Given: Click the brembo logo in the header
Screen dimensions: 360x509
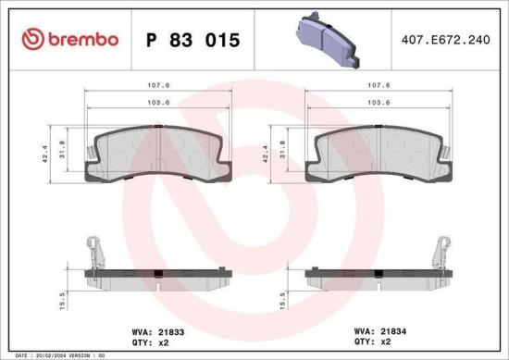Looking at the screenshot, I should [70, 39].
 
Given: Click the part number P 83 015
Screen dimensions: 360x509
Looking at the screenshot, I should [193, 40].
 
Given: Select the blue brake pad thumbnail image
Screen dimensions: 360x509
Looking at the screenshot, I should [328, 42].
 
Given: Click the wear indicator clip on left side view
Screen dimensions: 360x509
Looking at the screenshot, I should [94, 252].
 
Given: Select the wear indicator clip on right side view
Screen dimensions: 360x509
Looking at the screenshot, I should [443, 252].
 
